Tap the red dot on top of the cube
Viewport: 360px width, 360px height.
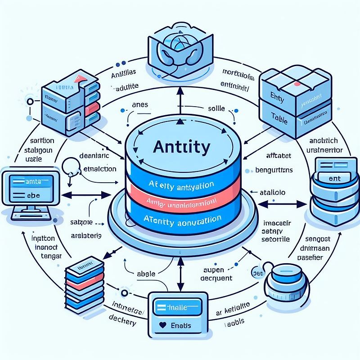click(297, 83)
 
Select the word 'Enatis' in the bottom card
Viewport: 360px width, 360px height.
click(181, 325)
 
